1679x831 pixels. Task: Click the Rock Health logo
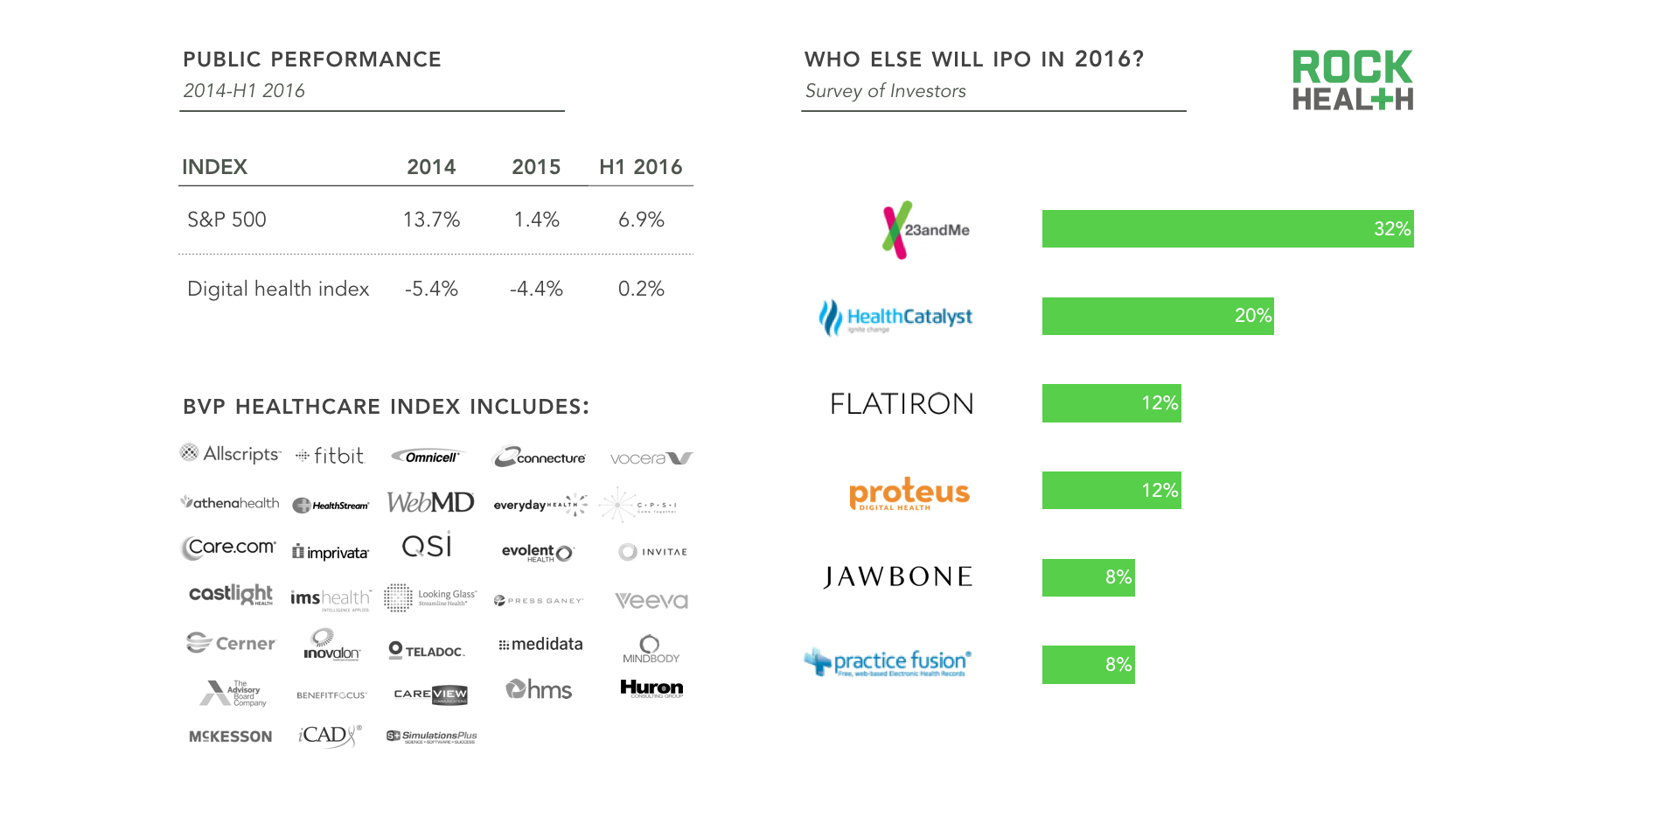[x=1352, y=80]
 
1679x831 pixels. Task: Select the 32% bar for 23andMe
[x=1227, y=229]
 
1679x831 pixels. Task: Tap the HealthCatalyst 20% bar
[x=1157, y=316]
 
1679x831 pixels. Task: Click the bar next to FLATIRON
[x=1111, y=403]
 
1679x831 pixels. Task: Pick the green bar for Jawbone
[x=1088, y=577]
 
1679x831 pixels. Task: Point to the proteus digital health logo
[x=909, y=493]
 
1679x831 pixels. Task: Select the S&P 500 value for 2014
[x=431, y=220]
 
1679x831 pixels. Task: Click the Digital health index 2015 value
[x=536, y=289]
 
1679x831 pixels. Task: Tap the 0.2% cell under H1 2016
[x=641, y=289]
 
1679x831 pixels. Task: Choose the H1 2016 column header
[x=640, y=167]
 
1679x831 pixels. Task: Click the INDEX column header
[x=214, y=167]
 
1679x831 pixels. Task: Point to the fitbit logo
[x=330, y=456]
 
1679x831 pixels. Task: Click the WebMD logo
[x=430, y=502]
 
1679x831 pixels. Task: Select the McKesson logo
[x=230, y=737]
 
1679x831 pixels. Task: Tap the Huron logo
[x=651, y=688]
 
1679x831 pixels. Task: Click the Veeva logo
[x=651, y=601]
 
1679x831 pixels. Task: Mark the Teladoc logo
[x=427, y=651]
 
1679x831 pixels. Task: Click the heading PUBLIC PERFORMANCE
[x=312, y=59]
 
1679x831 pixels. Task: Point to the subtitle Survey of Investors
[x=885, y=91]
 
